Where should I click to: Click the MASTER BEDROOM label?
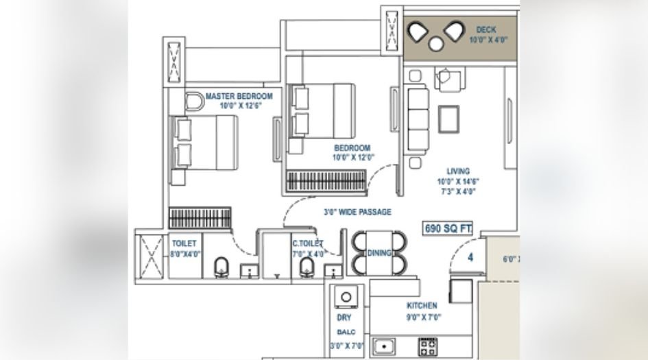point(239,96)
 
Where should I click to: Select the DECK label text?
point(486,30)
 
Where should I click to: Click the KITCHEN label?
point(421,306)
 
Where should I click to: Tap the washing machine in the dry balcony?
point(346,298)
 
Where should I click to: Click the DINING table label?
point(379,253)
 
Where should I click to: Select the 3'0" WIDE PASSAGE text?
point(358,213)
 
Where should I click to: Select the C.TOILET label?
point(307,243)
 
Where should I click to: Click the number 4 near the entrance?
point(471,258)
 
